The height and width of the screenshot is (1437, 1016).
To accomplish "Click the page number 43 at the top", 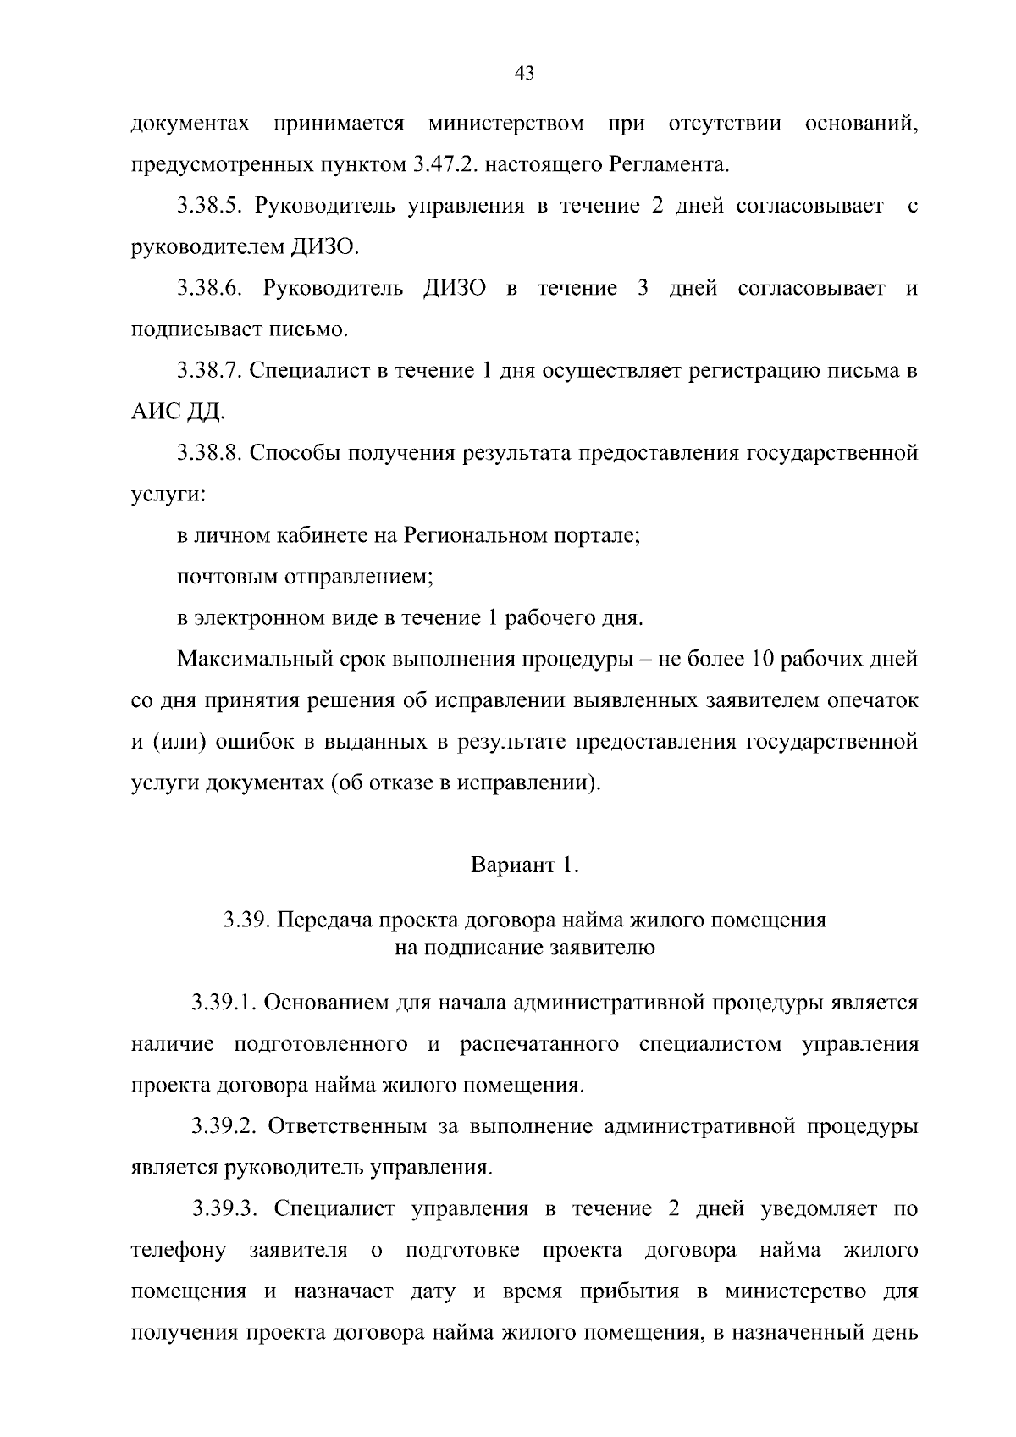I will pos(524,74).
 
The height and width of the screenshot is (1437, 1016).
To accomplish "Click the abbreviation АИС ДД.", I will pos(178,413).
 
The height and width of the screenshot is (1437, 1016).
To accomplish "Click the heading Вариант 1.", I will pos(524,866).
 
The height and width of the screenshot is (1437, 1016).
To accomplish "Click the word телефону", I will pos(179,1251).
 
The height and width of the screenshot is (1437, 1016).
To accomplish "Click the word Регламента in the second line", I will pos(668,165).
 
